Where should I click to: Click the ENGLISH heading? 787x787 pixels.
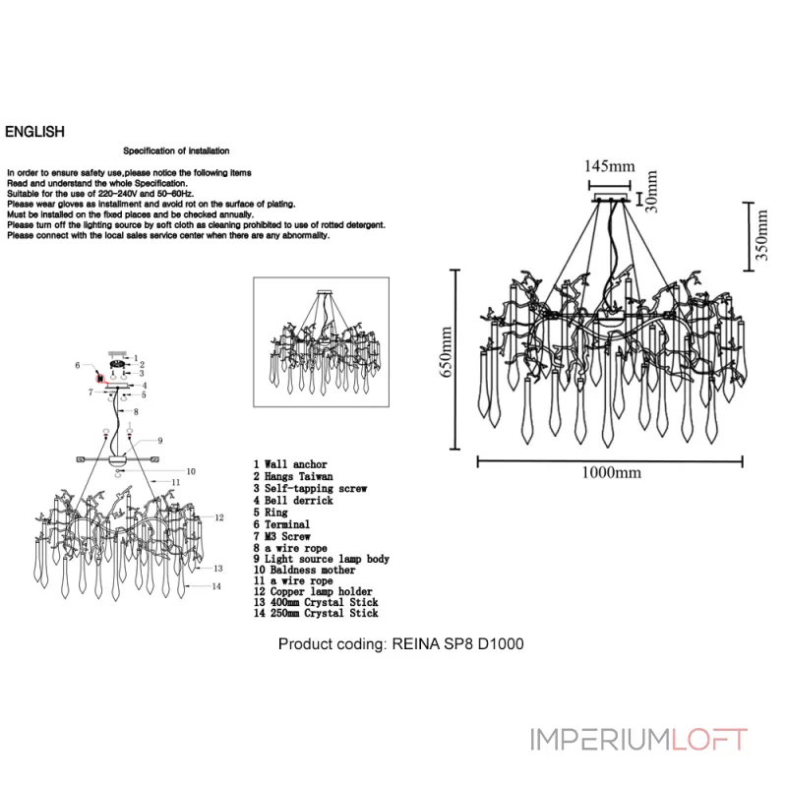tap(34, 132)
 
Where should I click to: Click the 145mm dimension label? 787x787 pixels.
tap(609, 166)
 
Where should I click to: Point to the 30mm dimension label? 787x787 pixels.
tap(651, 191)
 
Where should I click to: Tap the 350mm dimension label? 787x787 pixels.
tap(761, 234)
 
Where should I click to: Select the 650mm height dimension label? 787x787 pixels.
tap(446, 351)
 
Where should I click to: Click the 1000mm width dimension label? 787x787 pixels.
tap(611, 472)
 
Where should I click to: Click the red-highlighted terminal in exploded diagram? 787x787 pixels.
tap(100, 378)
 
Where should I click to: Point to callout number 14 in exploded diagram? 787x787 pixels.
tap(216, 586)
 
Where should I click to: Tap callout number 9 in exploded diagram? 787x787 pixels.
tap(160, 441)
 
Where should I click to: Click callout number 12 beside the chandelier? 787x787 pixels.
tap(219, 517)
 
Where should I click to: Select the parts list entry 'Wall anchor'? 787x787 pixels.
tap(290, 464)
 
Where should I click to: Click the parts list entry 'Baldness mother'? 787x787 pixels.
tap(304, 570)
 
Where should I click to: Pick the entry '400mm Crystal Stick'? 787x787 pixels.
tap(316, 602)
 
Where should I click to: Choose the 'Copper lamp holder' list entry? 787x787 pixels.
tap(313, 591)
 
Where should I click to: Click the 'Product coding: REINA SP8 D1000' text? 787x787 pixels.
tap(401, 644)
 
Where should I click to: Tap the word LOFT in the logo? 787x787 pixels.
tap(708, 740)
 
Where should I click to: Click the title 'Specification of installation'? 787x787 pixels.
tap(176, 151)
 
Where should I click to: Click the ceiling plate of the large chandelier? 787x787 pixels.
tap(611, 198)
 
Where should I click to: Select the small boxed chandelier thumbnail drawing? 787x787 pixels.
tap(322, 341)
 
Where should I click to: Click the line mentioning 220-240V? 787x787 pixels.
tap(100, 194)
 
